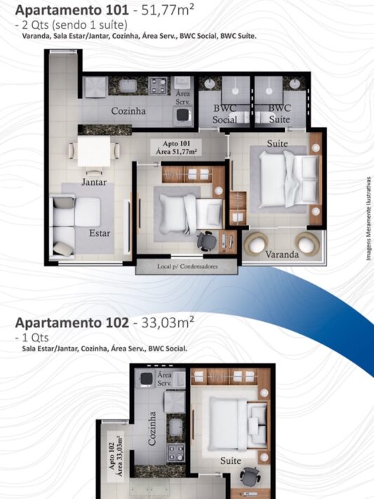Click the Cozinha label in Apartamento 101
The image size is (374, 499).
pyautogui.click(x=128, y=111)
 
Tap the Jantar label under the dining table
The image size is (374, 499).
pyautogui.click(x=94, y=182)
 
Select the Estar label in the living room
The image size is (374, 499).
pyautogui.click(x=100, y=233)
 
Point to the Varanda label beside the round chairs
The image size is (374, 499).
pyautogui.click(x=282, y=254)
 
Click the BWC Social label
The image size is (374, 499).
pyautogui.click(x=225, y=114)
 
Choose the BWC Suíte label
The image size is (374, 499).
pyautogui.click(x=280, y=114)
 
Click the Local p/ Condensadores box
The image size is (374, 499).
pyautogui.click(x=187, y=266)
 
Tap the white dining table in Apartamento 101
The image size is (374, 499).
pyautogui.click(x=94, y=151)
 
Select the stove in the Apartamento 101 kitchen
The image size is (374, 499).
pyautogui.click(x=159, y=86)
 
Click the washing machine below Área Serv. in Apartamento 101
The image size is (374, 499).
pyautogui.click(x=182, y=116)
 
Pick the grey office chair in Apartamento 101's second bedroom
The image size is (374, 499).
pyautogui.click(x=206, y=240)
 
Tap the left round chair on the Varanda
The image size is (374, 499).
pyautogui.click(x=256, y=243)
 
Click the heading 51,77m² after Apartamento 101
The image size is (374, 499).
pyautogui.click(x=168, y=10)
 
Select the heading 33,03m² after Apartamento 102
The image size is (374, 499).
pyautogui.click(x=168, y=323)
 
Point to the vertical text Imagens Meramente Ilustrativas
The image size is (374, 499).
pyautogui.click(x=368, y=219)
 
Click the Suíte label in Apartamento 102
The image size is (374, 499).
pyautogui.click(x=231, y=460)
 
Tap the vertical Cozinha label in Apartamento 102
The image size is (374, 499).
pyautogui.click(x=152, y=429)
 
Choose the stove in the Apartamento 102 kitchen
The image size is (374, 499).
pyautogui.click(x=175, y=452)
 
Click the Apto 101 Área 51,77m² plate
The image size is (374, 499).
pyautogui.click(x=176, y=148)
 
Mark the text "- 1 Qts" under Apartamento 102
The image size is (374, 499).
pyautogui.click(x=32, y=337)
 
